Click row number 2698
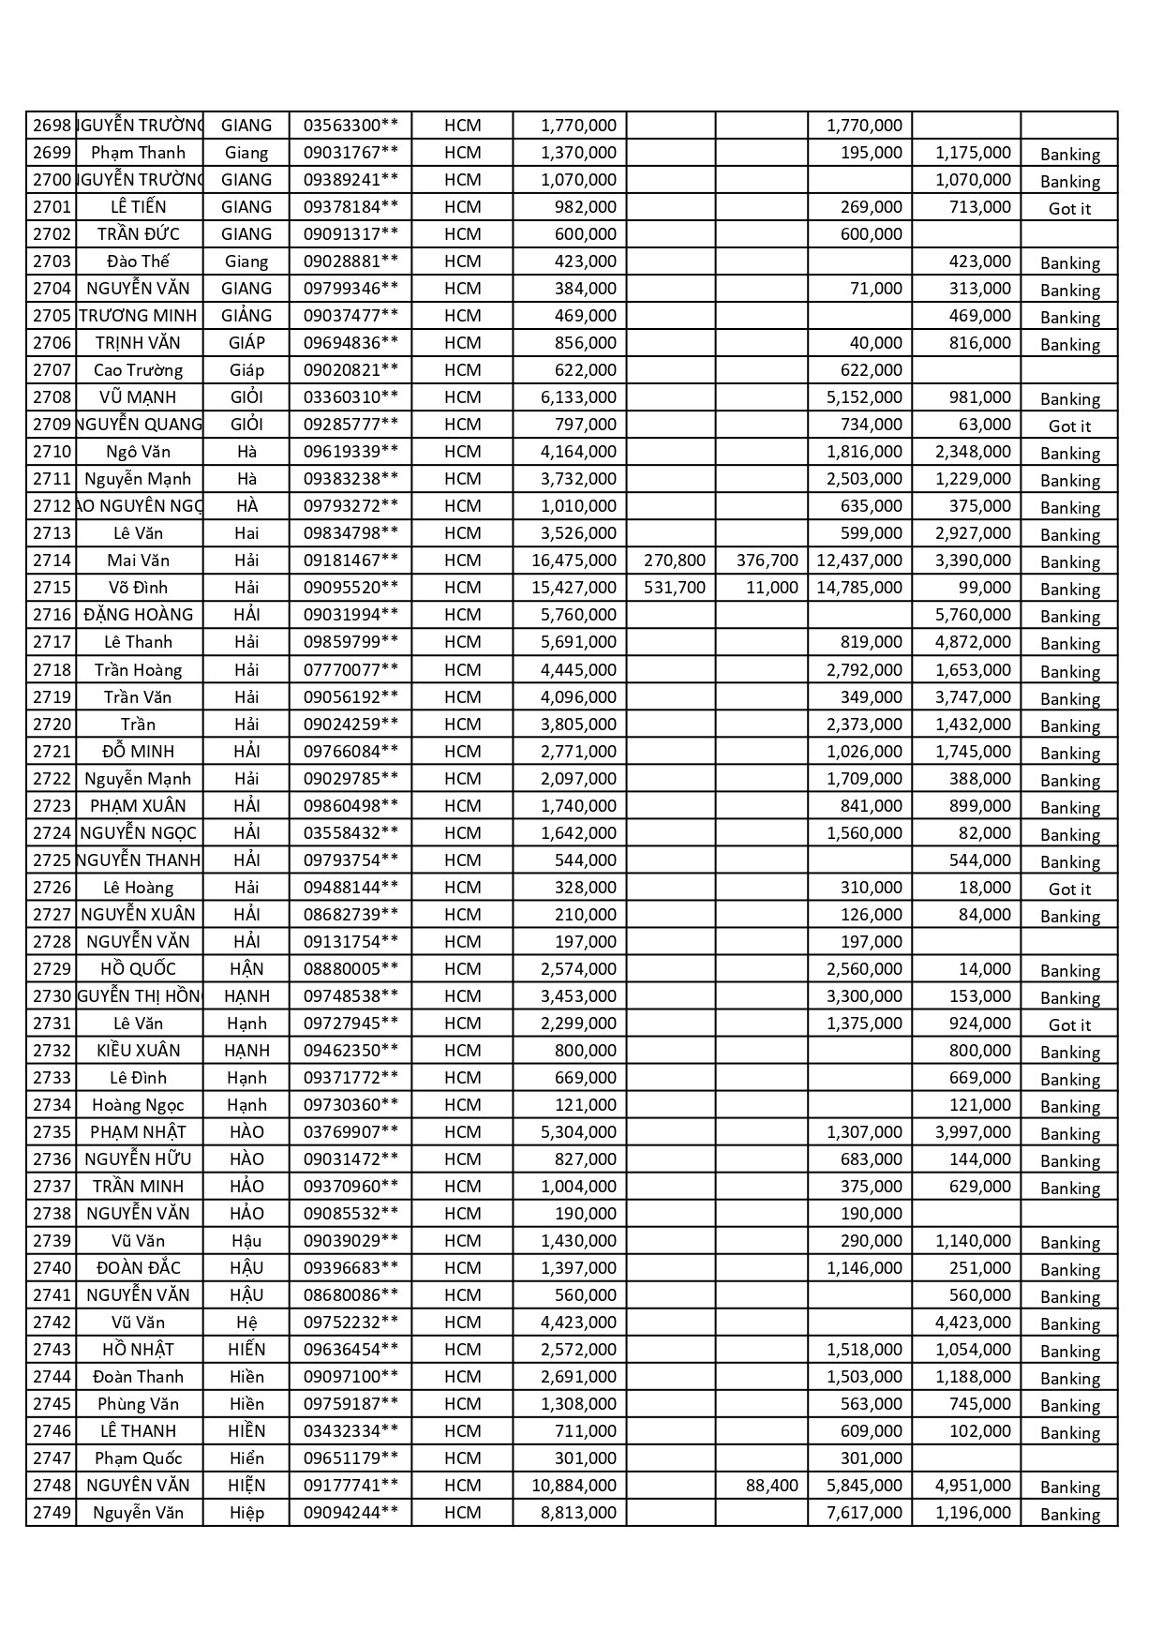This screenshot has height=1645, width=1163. coord(52,126)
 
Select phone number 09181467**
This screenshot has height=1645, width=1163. coord(350,561)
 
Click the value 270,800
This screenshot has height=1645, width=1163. coord(675,561)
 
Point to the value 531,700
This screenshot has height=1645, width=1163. coord(675,588)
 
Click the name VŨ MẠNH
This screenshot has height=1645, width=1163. coord(138,397)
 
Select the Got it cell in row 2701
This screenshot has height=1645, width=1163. coord(1069,208)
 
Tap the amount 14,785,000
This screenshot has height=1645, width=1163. coord(859,588)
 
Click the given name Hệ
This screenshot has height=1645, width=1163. coord(246,1323)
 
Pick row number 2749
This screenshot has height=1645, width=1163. coord(52,1513)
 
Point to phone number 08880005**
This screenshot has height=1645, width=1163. coord(350,969)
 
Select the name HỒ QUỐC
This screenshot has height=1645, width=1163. coord(138,969)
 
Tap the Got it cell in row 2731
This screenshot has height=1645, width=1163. coord(1069,1024)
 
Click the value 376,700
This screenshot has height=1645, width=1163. coord(767,561)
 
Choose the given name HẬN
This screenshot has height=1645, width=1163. coord(246,969)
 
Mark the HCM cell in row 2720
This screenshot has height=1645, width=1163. coord(462,725)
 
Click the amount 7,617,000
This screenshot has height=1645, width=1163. coord(864,1513)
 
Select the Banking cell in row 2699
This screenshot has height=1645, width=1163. coord(1069,154)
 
